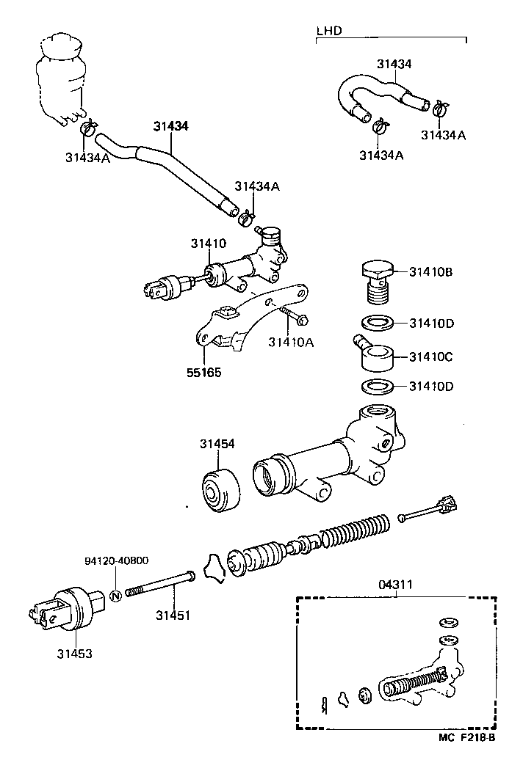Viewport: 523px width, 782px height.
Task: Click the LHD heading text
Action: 329,32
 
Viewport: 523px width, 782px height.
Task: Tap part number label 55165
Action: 203,373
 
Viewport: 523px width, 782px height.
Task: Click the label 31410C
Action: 431,357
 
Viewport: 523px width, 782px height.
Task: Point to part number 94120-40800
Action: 115,560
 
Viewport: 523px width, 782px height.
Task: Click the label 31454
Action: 217,444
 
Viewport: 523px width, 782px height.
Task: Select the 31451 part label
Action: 173,615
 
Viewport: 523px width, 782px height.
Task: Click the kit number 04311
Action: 397,585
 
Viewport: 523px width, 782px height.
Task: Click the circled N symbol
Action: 115,594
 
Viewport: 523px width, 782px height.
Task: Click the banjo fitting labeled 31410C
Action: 375,354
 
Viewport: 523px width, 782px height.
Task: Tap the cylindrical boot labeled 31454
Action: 221,490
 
